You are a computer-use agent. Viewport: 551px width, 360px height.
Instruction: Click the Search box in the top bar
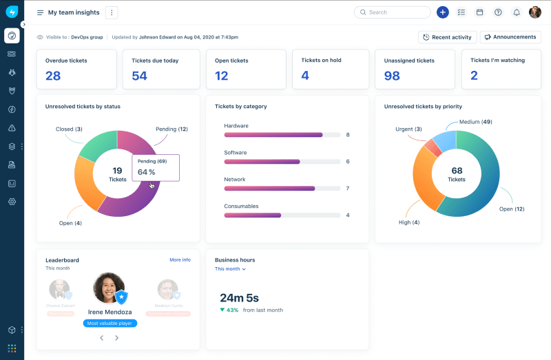click(393, 12)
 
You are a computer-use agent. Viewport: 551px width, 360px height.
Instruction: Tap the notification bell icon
click(517, 12)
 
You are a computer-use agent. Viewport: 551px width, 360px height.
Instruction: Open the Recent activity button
click(447, 37)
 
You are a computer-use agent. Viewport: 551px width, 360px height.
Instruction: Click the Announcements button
click(510, 37)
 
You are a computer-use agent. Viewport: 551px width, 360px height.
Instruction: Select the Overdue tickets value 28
click(53, 76)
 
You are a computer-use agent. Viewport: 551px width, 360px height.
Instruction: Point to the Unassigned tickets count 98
click(392, 76)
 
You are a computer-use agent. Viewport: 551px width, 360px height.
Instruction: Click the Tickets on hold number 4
click(305, 75)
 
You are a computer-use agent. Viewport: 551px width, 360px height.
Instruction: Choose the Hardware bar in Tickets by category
click(273, 135)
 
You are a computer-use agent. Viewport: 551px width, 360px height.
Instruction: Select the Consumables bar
click(253, 215)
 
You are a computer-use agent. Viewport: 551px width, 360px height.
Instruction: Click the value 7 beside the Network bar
click(348, 189)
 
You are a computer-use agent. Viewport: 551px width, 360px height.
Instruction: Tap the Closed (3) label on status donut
click(69, 129)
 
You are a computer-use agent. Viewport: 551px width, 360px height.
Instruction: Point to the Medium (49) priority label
click(475, 122)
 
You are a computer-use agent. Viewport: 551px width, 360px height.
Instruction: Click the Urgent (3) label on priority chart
click(408, 129)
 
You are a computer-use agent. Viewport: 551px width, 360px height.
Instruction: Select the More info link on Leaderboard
click(180, 260)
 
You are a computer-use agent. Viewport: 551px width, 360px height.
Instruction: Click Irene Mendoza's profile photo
click(108, 288)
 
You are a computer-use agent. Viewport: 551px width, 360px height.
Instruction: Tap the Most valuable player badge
click(110, 323)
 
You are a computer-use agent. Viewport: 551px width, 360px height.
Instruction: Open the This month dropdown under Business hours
click(230, 269)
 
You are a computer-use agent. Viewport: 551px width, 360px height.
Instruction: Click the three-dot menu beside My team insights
click(112, 12)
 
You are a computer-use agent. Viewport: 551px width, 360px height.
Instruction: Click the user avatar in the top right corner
click(535, 12)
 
